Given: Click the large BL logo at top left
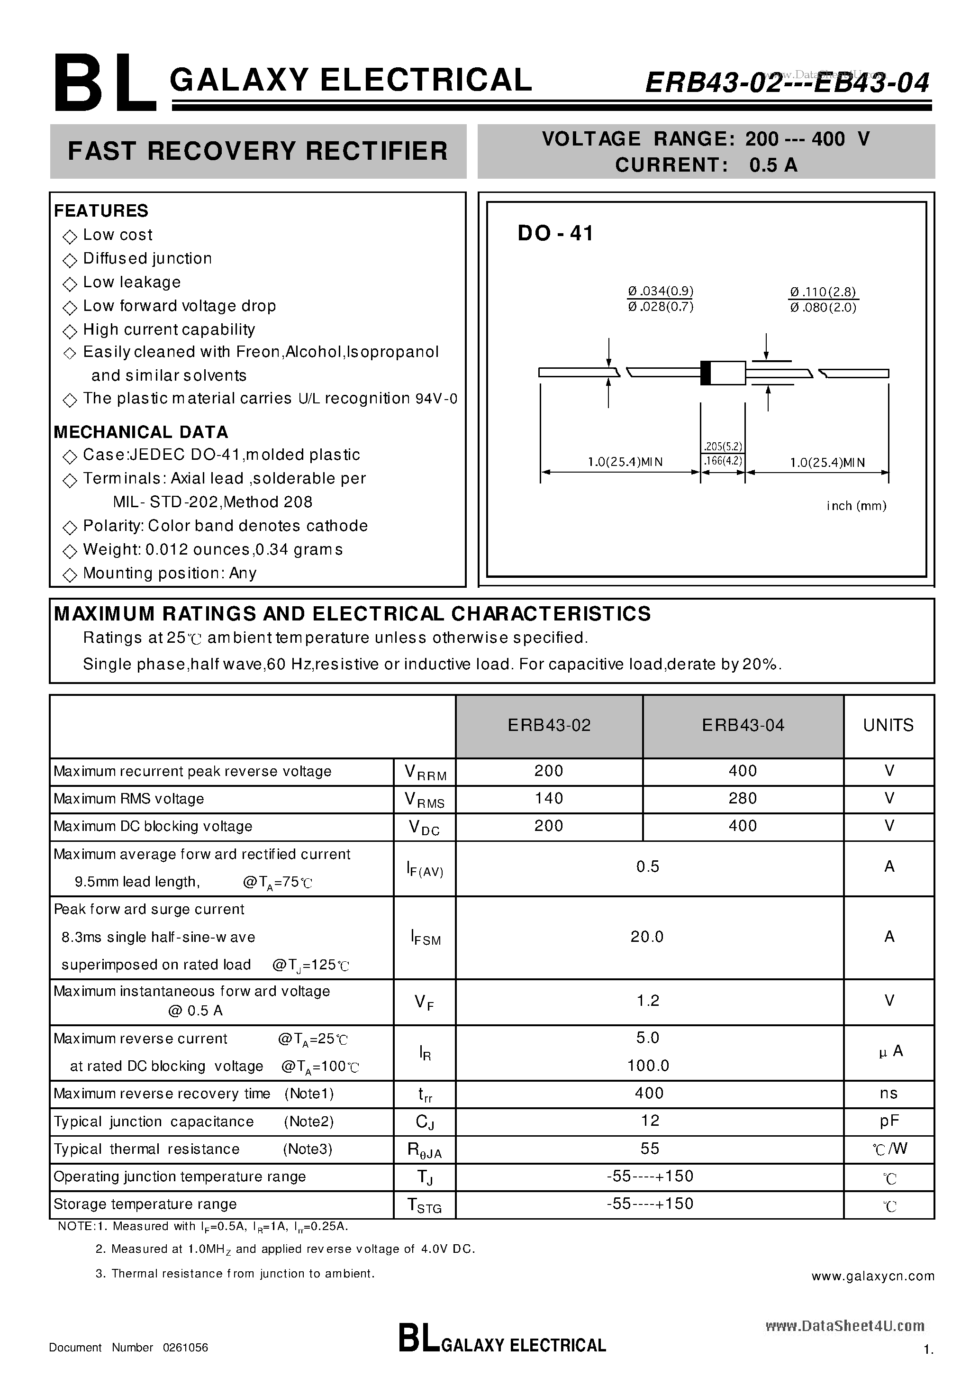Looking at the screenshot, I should pyautogui.click(x=104, y=84).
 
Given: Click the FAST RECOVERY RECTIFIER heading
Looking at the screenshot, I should pyautogui.click(x=258, y=151).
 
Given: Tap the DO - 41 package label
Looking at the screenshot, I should pyautogui.click(x=555, y=234).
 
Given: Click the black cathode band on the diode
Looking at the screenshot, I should pyautogui.click(x=705, y=373).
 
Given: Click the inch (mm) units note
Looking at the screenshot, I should pyautogui.click(x=856, y=506).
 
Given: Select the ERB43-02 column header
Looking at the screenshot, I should pyautogui.click(x=549, y=725).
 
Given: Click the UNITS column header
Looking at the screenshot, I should pyautogui.click(x=888, y=725).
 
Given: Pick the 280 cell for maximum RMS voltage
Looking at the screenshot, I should pyautogui.click(x=743, y=799).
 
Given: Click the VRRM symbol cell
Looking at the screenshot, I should pyautogui.click(x=425, y=772).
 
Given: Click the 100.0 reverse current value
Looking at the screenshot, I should pyautogui.click(x=648, y=1066).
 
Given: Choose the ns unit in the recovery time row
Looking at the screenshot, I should pyautogui.click(x=888, y=1093).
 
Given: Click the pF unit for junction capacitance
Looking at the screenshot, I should pyautogui.click(x=888, y=1121).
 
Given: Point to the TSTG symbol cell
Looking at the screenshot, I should pyautogui.click(x=425, y=1205).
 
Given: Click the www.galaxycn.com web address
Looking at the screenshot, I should pyautogui.click(x=873, y=1276).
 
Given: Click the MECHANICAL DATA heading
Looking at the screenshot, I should pyautogui.click(x=141, y=432).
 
